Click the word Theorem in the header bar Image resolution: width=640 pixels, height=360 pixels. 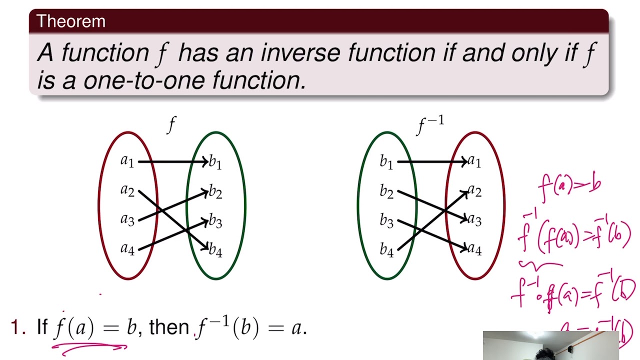[70, 21]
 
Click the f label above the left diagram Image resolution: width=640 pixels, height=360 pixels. [171, 124]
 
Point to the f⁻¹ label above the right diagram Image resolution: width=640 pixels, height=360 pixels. [430, 125]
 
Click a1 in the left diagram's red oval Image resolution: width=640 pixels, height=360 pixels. [127, 161]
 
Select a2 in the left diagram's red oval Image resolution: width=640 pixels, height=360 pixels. [127, 190]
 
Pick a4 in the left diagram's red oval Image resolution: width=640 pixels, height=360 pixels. [127, 248]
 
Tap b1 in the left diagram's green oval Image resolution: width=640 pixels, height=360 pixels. [215, 162]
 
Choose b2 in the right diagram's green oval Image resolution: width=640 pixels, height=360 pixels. [386, 191]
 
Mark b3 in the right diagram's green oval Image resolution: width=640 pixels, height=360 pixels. [386, 220]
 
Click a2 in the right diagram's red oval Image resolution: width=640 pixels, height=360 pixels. [474, 191]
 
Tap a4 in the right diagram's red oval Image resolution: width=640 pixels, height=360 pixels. [474, 248]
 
